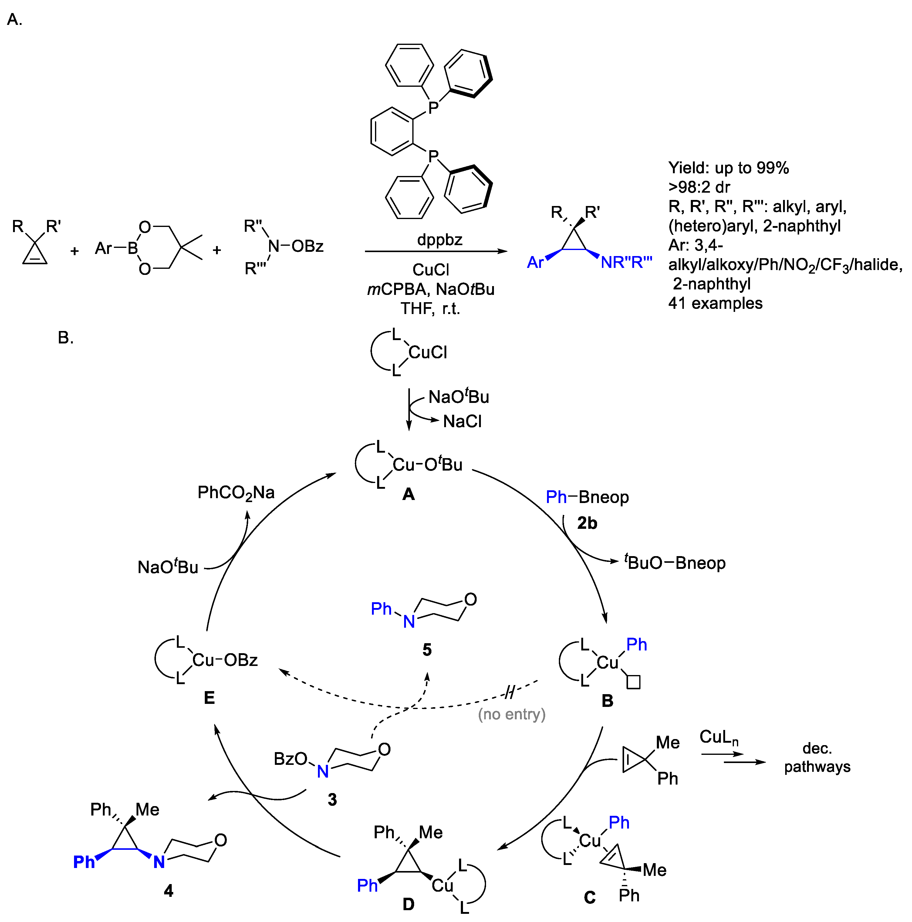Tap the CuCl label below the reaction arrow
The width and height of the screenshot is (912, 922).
point(431,270)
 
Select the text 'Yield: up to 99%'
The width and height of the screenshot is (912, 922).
point(728,168)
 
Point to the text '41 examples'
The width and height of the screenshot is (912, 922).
point(715,303)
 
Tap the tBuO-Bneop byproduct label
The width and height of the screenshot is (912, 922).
point(675,563)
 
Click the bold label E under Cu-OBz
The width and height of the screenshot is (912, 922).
point(209,698)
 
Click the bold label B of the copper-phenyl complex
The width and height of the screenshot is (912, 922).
point(607,701)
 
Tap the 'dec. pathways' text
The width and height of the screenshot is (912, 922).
point(817,757)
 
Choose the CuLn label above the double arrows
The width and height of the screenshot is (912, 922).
point(719,737)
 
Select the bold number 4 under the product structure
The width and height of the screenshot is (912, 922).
point(168,890)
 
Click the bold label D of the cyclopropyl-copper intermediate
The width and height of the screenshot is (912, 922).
point(408,904)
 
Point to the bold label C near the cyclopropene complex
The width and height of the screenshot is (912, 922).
point(590,897)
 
